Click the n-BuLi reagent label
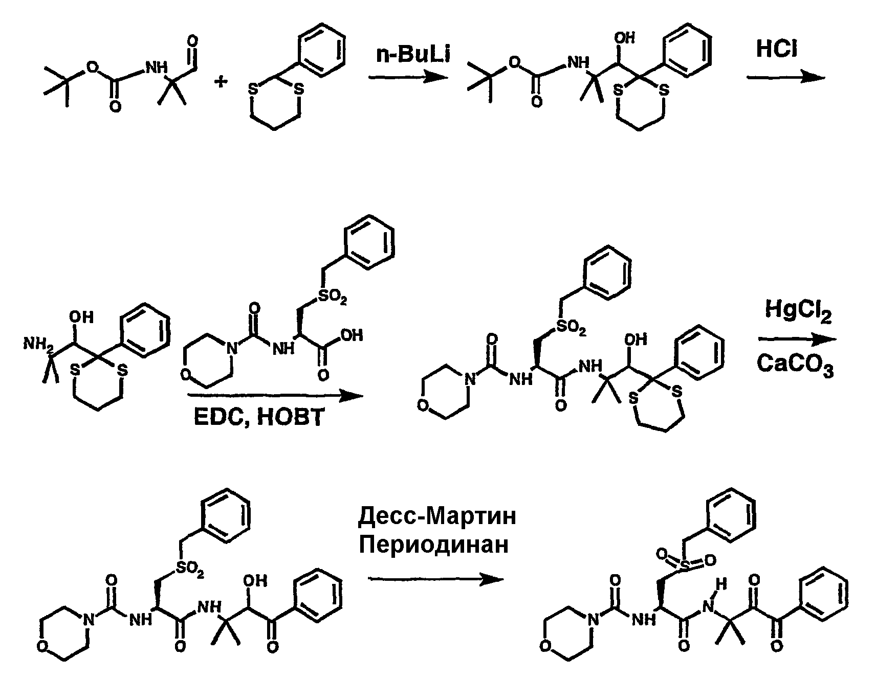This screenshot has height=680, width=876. pyautogui.click(x=413, y=54)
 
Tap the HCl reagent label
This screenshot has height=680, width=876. pyautogui.click(x=777, y=50)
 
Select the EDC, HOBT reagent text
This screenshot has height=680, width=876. pyautogui.click(x=259, y=417)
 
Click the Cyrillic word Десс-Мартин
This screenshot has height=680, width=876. pyautogui.click(x=437, y=517)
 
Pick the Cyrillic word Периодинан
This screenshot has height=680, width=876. pyautogui.click(x=434, y=545)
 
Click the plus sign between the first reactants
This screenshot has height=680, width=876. pyautogui.click(x=221, y=82)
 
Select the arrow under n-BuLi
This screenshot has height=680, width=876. pyautogui.click(x=407, y=77)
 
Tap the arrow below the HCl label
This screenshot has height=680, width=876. pyautogui.click(x=786, y=77)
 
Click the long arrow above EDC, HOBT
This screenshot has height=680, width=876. pyautogui.click(x=275, y=396)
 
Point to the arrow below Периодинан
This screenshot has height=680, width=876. pyautogui.click(x=436, y=579)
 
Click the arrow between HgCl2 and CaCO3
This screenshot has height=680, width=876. pyautogui.click(x=797, y=339)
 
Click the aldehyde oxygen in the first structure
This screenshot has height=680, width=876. pyautogui.click(x=192, y=41)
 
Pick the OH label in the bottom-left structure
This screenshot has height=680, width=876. pyautogui.click(x=256, y=581)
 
